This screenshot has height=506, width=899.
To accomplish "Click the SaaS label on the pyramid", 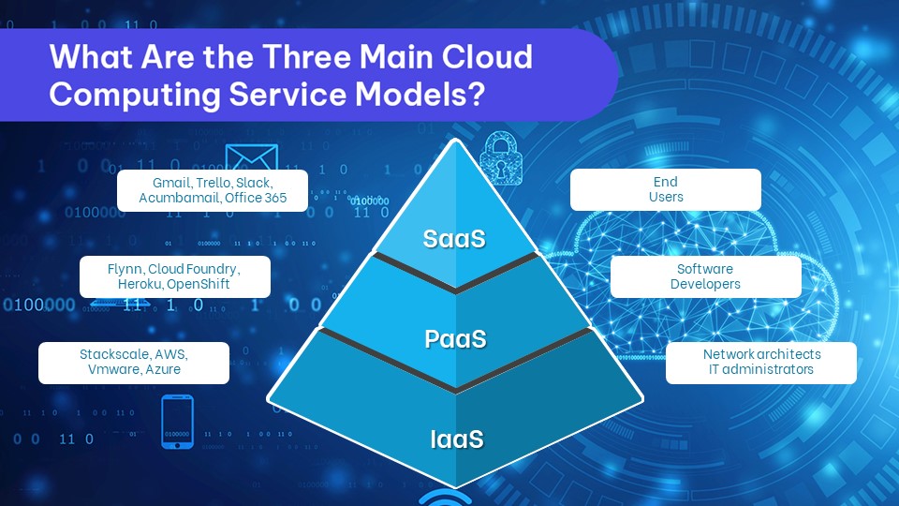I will pyautogui.click(x=453, y=238).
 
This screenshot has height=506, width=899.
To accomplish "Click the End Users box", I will pyautogui.click(x=665, y=189).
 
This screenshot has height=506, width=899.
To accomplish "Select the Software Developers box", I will pyautogui.click(x=705, y=276).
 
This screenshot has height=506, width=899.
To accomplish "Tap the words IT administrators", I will pyautogui.click(x=761, y=369).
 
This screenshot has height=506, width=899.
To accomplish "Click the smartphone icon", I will pyautogui.click(x=178, y=421).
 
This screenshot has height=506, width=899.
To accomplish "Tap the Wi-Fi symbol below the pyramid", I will pyautogui.click(x=446, y=497).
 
